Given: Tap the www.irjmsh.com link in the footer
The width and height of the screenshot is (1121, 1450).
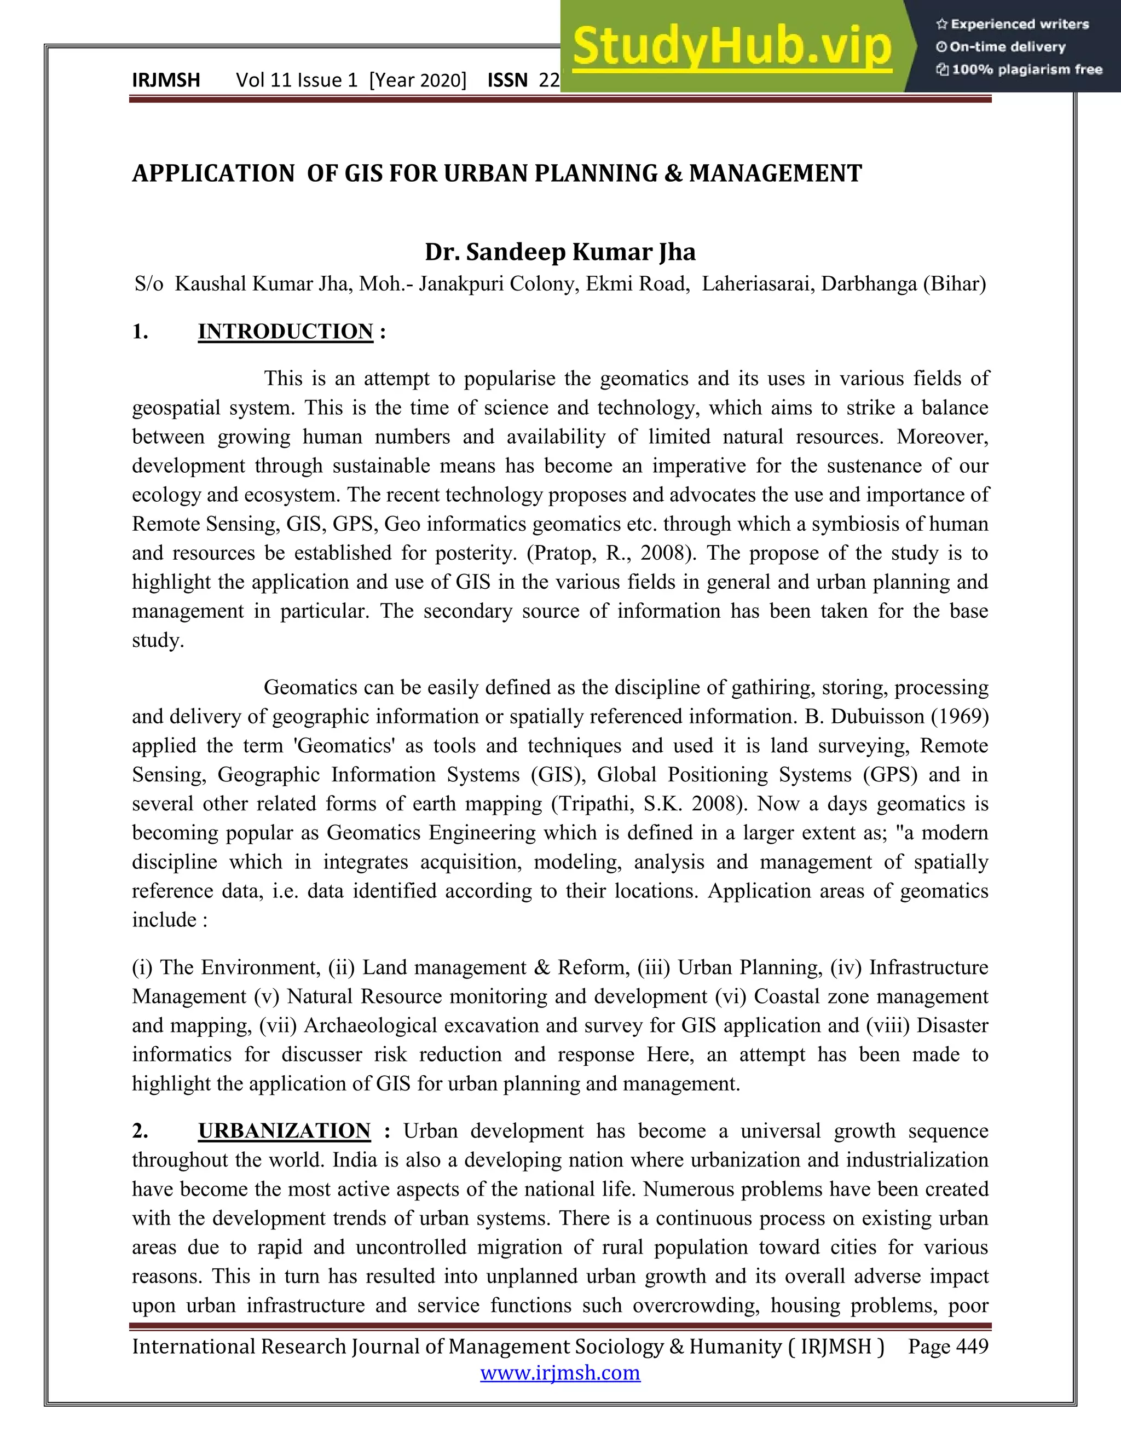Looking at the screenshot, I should [x=560, y=1372].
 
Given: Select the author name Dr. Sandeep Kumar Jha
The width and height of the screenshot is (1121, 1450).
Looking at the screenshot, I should [x=560, y=252].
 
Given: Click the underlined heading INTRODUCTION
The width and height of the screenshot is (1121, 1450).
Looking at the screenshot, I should [x=286, y=331].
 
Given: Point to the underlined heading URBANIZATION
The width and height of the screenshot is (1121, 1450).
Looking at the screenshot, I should [x=284, y=1130].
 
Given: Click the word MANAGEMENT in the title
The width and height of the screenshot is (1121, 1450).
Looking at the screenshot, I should [x=775, y=173].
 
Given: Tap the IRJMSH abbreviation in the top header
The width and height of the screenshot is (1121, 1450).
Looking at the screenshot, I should [x=166, y=80].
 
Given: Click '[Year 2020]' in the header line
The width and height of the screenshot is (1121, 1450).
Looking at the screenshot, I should [x=418, y=80].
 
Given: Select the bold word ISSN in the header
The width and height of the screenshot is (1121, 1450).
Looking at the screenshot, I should [x=507, y=80].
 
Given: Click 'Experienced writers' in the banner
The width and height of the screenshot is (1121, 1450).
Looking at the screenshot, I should [x=1019, y=25].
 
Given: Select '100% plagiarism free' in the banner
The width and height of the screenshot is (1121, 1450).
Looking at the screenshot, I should [x=1027, y=69].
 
